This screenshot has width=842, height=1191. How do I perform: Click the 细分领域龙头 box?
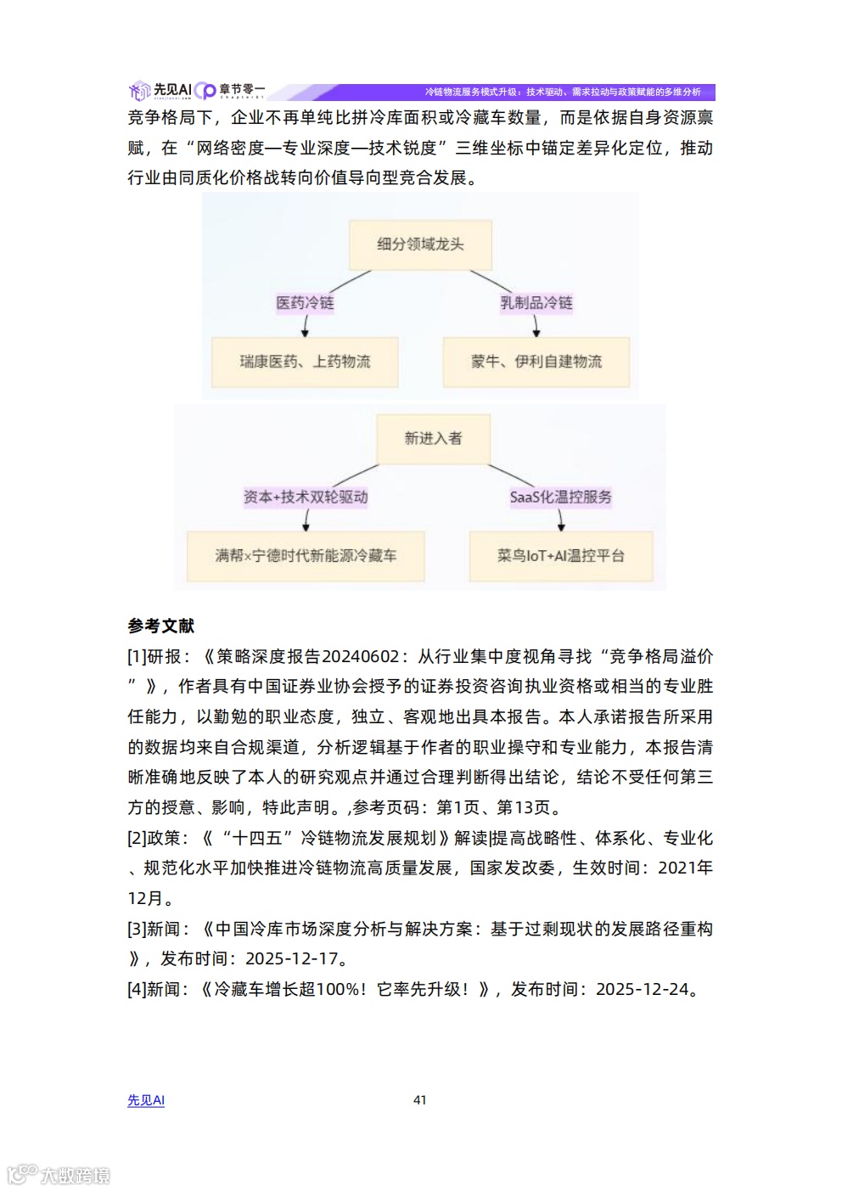(x=420, y=244)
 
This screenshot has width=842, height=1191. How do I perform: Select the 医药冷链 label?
(x=305, y=303)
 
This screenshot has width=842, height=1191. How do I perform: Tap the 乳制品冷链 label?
(x=536, y=303)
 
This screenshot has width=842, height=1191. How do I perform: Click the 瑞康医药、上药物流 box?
(x=305, y=362)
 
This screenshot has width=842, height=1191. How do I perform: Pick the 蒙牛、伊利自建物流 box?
(x=536, y=362)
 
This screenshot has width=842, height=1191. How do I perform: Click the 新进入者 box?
(x=433, y=439)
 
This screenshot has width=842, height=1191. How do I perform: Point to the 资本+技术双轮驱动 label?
(x=306, y=497)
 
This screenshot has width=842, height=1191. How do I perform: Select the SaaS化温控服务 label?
(x=560, y=497)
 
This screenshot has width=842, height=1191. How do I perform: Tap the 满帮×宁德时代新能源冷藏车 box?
(x=306, y=556)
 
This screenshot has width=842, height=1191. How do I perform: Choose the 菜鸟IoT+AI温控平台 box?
(x=560, y=556)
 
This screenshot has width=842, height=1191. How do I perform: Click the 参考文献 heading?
(x=161, y=626)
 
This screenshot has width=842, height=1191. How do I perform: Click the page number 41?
(x=420, y=1100)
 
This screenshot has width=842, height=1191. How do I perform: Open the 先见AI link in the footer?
(x=146, y=1100)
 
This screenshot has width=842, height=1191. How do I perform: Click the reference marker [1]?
(x=137, y=657)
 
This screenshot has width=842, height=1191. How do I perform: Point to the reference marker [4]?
(x=137, y=990)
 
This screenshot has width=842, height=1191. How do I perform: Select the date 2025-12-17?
(x=291, y=959)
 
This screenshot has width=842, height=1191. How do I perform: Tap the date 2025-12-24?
(x=642, y=990)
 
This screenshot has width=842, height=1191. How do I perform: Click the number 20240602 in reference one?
(x=361, y=657)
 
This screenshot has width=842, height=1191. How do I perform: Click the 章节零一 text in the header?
(x=242, y=89)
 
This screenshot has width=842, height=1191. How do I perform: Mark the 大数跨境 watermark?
(x=75, y=1176)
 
